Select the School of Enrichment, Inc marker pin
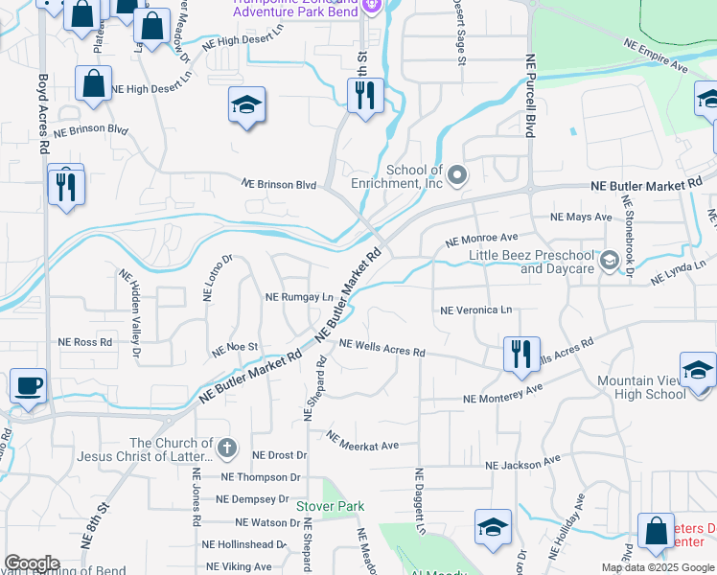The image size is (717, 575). [x=458, y=174]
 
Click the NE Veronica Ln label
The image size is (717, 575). [x=476, y=310]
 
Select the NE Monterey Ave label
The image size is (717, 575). [x=503, y=393]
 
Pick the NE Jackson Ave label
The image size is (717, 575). [x=522, y=463]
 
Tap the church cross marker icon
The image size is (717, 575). [x=227, y=448]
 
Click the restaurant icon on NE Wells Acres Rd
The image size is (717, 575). [x=521, y=353]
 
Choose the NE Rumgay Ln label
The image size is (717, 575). [x=299, y=297]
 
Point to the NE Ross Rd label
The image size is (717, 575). [x=85, y=341]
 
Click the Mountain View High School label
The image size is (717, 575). [x=641, y=387]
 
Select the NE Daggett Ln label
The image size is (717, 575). [x=420, y=500]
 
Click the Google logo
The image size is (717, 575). [x=32, y=563]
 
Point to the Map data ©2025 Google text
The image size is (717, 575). [x=658, y=567]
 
